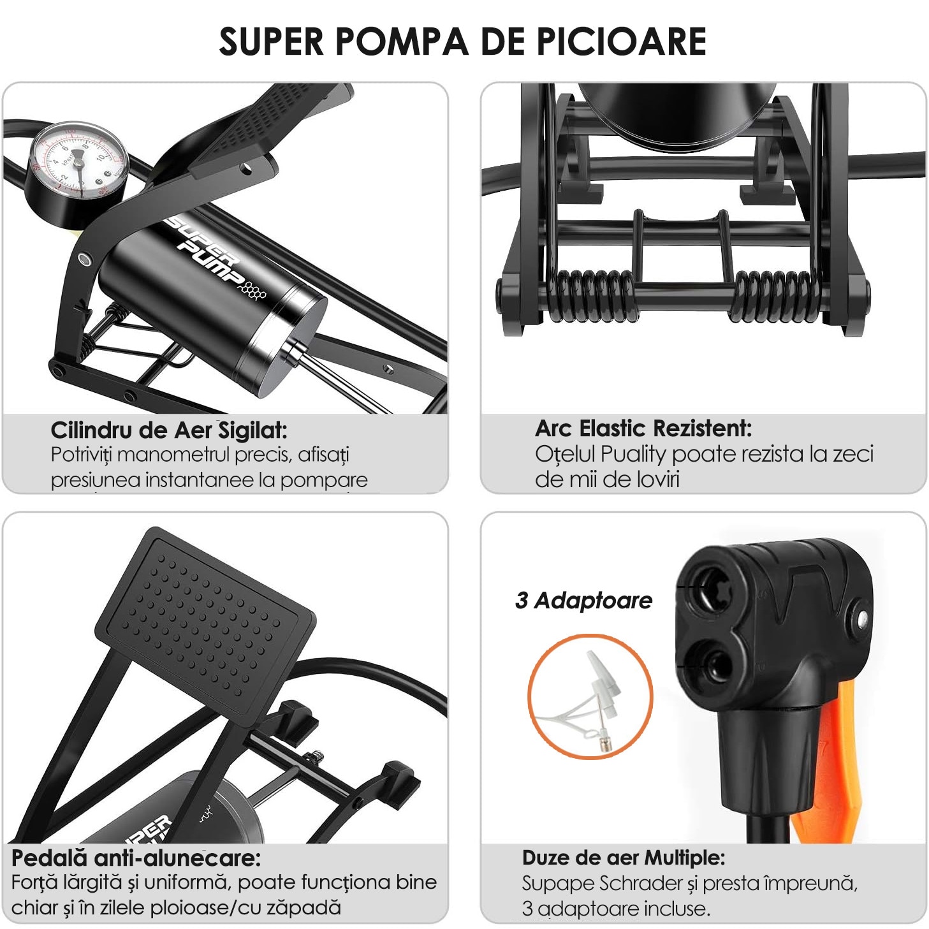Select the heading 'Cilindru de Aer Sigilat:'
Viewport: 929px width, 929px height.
click(169, 430)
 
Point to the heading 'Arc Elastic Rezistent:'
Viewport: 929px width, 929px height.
click(643, 428)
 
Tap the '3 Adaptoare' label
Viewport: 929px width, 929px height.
click(583, 601)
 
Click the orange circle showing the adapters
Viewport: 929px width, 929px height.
click(590, 696)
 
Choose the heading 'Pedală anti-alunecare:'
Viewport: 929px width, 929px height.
click(136, 858)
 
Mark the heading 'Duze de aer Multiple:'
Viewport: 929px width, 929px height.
click(624, 858)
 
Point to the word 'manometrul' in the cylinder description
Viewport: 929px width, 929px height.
click(173, 455)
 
